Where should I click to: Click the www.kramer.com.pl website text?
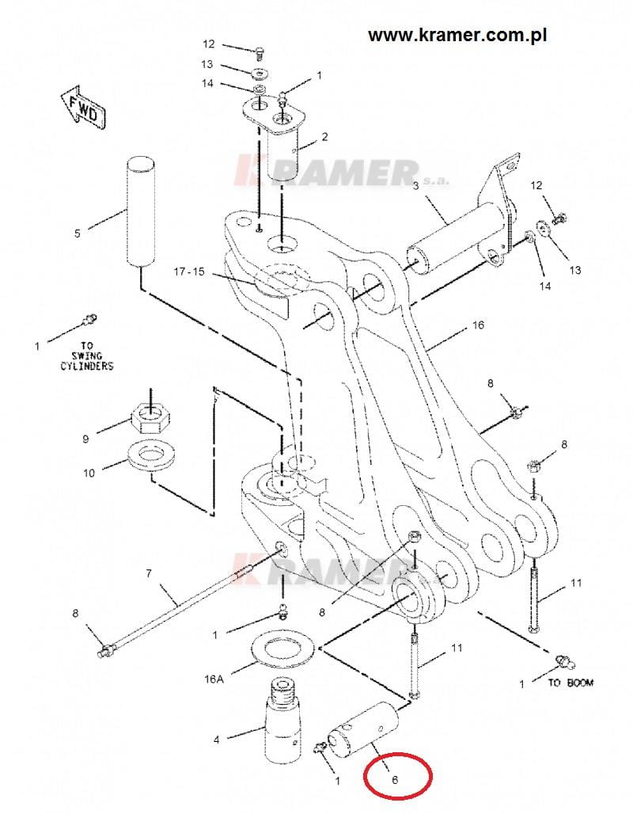pos(457,36)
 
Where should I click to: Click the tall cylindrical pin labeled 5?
pos(141,211)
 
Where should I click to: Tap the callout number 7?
pos(149,573)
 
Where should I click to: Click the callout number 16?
pos(478,325)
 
